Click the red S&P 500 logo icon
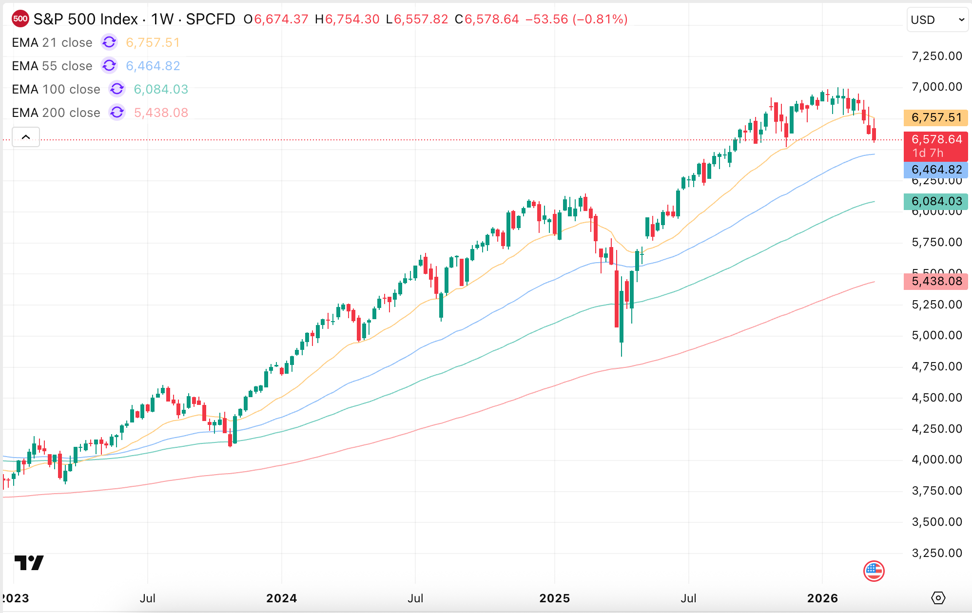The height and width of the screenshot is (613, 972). pos(20,19)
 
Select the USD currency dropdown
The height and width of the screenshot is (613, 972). pos(936,20)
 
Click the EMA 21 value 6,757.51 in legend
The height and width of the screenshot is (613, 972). pos(153,43)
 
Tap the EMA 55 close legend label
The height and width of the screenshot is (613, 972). pos(52,66)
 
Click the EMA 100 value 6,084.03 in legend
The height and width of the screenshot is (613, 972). pos(161,90)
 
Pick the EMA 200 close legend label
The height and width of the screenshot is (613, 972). pos(56,113)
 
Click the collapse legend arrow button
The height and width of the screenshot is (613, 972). pos(26,137)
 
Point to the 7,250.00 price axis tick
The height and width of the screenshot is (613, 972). pos(936,56)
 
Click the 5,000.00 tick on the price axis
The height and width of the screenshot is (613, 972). pos(936,335)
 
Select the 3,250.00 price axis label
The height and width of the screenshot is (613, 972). pos(936,553)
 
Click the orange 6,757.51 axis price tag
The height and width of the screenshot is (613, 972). pos(935,118)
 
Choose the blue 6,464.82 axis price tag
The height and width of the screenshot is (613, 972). pos(935,170)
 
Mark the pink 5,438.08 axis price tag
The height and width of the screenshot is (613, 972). pos(935,282)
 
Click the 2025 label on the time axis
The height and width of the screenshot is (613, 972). pos(554,598)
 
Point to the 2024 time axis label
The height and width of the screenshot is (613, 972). pos(281,598)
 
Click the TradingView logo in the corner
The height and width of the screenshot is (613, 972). pos(29,563)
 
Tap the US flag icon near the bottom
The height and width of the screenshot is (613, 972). pos(874,571)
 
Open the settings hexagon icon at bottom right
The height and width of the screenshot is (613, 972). pos(938,598)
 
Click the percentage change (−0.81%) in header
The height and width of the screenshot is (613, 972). pos(600,19)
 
